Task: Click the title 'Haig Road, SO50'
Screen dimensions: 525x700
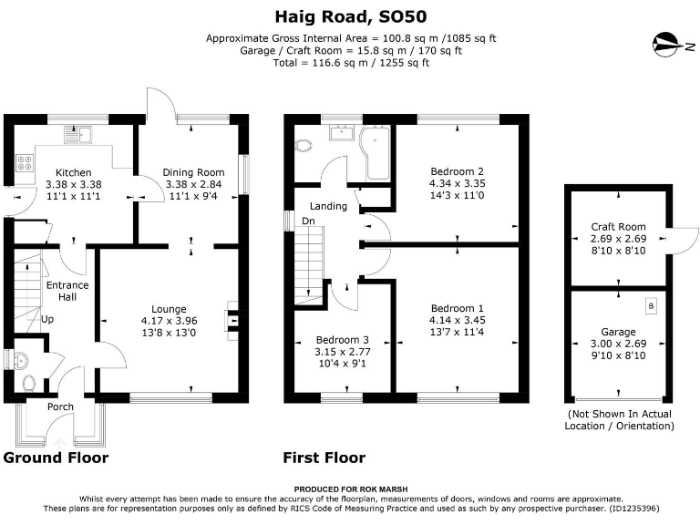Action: (x=351, y=15)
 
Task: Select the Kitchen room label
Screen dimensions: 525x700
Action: (x=74, y=172)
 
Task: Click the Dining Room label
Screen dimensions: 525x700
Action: (x=193, y=172)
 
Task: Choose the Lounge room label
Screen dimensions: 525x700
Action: (x=169, y=309)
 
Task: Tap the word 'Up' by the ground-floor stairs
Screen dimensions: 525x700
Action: (x=47, y=320)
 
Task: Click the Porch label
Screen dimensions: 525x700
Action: (x=61, y=407)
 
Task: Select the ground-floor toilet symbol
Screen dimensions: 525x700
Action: (x=27, y=384)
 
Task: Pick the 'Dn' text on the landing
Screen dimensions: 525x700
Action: (x=309, y=221)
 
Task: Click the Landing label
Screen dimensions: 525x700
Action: (x=328, y=206)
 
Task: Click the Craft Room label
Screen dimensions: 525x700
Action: (x=618, y=227)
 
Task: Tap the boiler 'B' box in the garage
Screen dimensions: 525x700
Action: (x=651, y=306)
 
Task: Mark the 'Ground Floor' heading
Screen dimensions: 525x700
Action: (x=56, y=458)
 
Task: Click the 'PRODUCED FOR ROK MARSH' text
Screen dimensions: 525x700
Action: (x=351, y=489)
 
